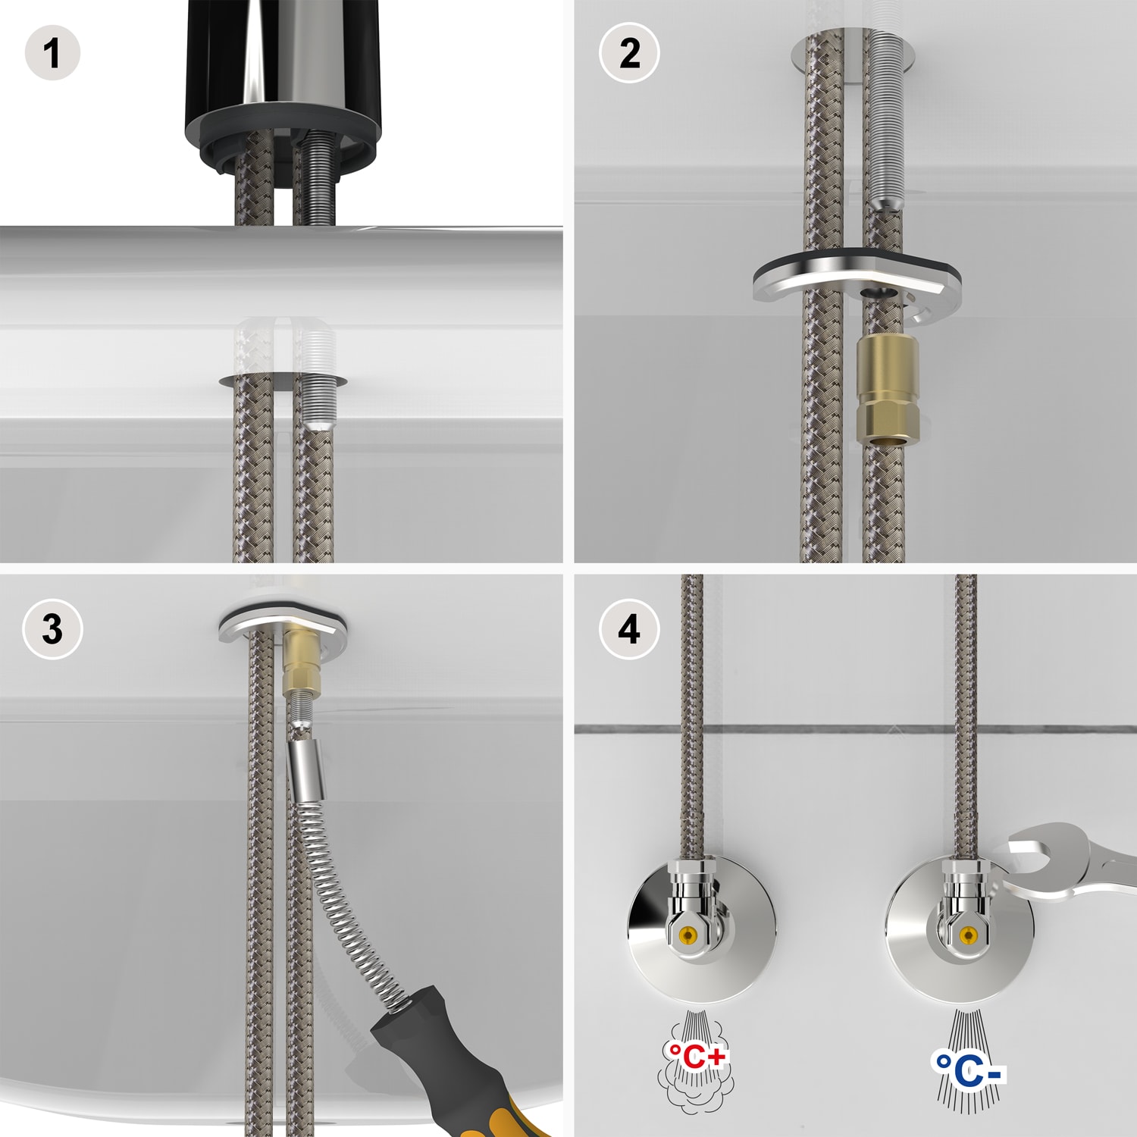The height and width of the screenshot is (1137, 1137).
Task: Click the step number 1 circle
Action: (52, 53)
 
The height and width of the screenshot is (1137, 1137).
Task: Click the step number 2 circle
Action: (629, 53)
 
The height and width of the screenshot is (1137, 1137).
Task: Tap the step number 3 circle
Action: (52, 629)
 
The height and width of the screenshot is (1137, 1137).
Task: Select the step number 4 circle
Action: (629, 629)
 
